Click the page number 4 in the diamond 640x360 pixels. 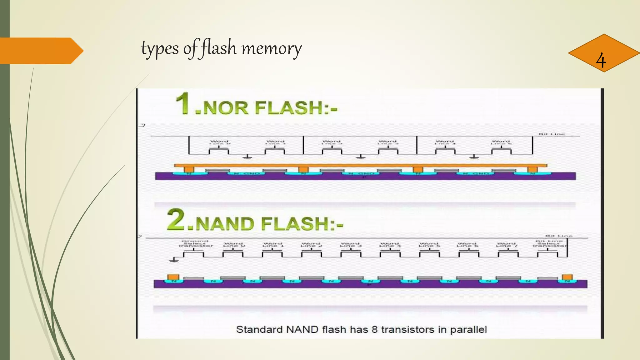coord(601,60)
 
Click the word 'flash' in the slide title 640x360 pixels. coord(218,48)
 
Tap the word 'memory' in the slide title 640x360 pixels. coord(272,49)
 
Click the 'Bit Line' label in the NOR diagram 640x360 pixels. coord(552,134)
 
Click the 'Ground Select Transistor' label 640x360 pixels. coord(195,243)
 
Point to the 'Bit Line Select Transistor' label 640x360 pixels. coord(549,243)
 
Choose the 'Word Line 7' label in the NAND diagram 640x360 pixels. coord(506,244)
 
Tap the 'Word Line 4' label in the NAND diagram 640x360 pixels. coord(389,244)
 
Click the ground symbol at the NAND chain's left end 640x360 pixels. coord(174,259)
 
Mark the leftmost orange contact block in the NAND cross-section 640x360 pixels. coord(173,277)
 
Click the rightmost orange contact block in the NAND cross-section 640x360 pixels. coord(567,277)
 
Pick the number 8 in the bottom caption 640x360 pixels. coord(374,329)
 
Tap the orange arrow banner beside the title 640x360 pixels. coord(41,51)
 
